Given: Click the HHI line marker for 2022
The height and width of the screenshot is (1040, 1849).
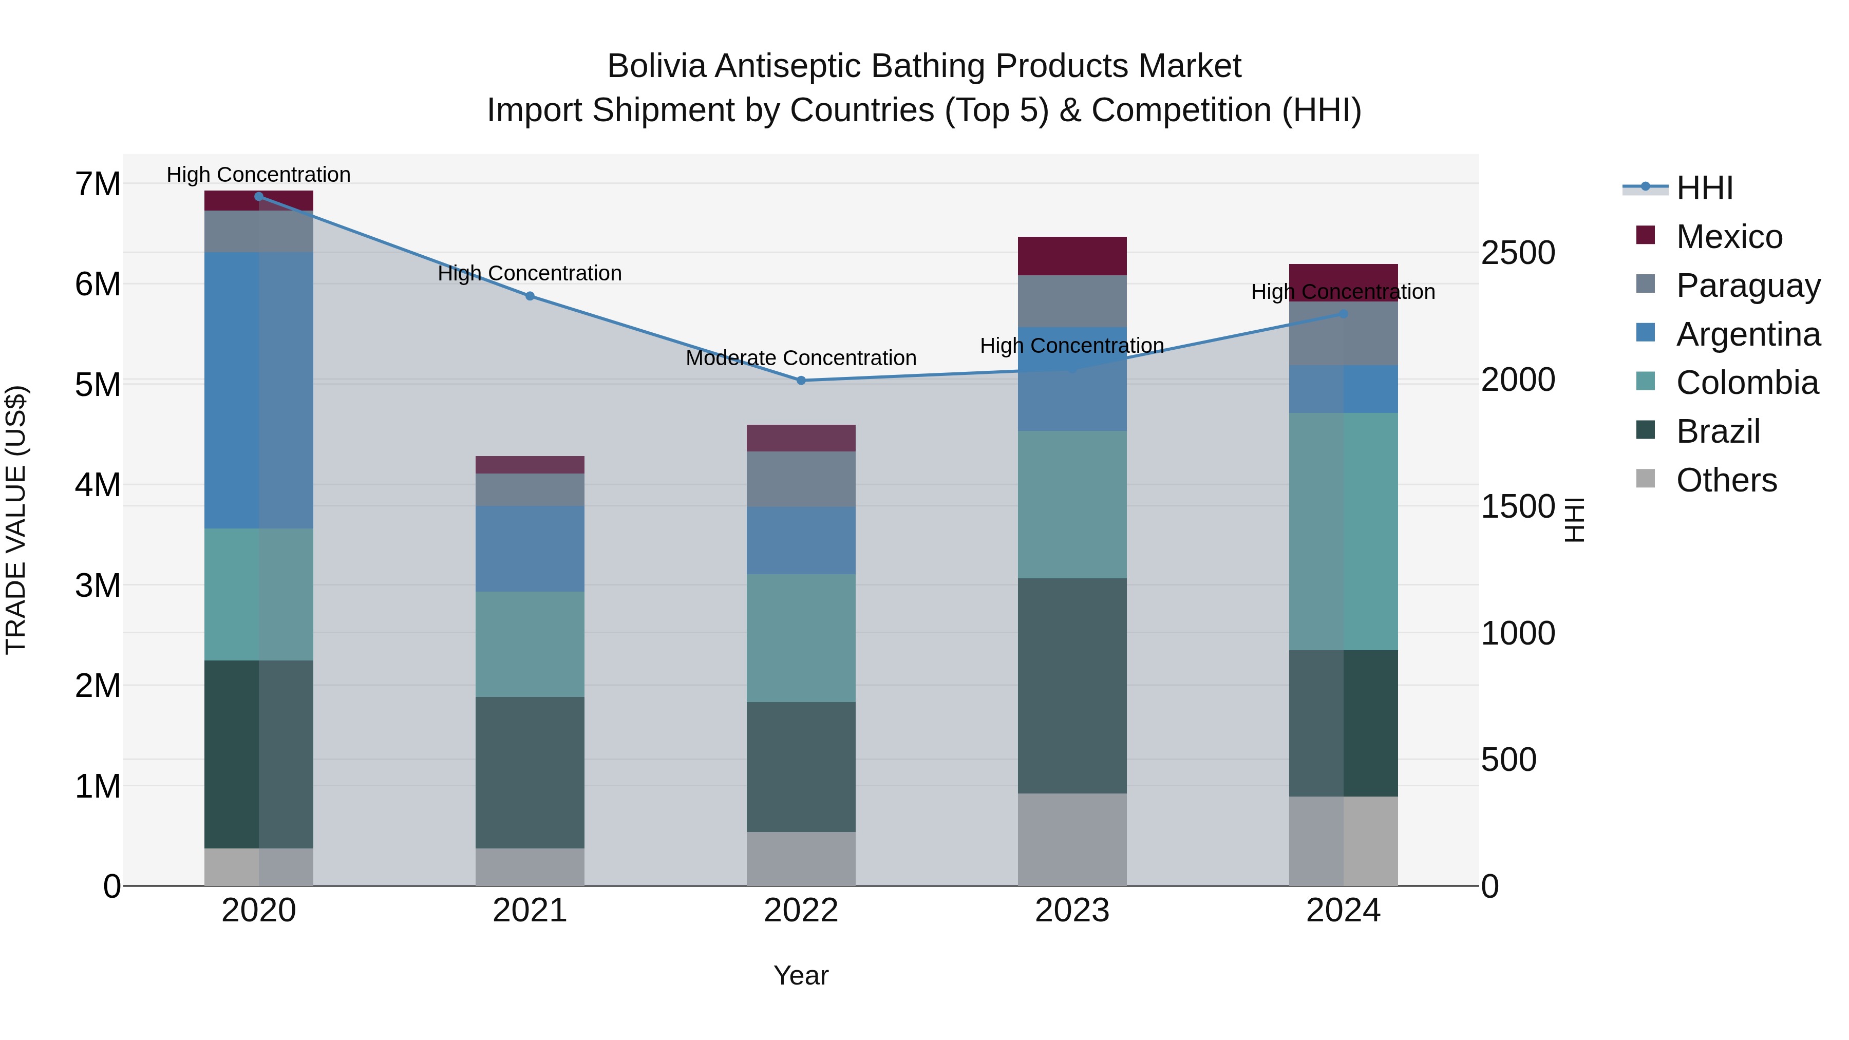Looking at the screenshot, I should coord(801,381).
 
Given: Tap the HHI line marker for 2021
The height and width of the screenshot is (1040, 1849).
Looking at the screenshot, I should coord(530,296).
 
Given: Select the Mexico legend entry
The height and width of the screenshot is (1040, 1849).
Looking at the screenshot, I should coord(1728,237).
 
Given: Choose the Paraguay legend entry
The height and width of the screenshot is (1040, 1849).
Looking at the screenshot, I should coord(1747,286).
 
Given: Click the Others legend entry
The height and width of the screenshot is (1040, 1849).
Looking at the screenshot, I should coord(1726,480).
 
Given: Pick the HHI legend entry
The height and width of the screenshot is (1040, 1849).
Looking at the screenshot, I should coord(1704,188).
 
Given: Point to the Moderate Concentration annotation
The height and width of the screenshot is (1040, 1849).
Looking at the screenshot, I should coord(801,357).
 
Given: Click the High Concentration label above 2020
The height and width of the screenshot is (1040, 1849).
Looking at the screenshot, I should coord(258,175).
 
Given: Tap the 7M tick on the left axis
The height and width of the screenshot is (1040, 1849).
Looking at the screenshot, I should coord(98,184).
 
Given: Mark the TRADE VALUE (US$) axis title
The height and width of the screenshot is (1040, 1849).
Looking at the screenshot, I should coord(16,520).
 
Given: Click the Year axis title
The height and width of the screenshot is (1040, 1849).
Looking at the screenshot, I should coord(801,975).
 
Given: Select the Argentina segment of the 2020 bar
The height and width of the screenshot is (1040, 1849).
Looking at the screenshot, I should coord(258,390).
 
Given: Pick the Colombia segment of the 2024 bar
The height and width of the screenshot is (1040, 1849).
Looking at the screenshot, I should coord(1343,531).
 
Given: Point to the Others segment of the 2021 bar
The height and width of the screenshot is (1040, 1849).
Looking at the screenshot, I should coord(530,867).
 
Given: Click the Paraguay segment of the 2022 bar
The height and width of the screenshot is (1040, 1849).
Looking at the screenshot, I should coord(801,479).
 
